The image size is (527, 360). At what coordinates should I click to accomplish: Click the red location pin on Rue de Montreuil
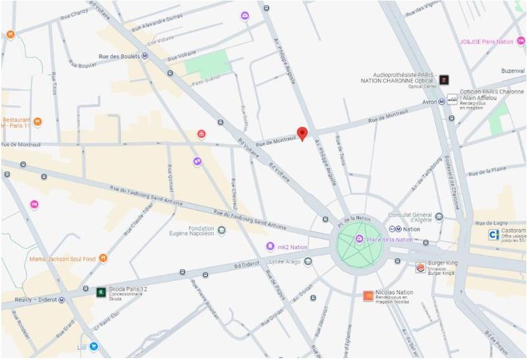302,133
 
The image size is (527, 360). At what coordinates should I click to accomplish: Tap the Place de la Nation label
389,240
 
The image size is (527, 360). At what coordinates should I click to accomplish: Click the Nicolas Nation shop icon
368,296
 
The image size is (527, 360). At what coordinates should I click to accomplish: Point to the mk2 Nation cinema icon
270,247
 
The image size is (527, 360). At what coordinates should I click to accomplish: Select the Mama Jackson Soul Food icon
103,258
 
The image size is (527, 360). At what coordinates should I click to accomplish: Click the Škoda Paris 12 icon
101,291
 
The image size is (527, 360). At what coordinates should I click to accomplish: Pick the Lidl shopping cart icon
94,345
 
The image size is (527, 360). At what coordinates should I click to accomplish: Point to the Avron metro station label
430,102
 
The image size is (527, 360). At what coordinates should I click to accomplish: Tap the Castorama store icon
493,234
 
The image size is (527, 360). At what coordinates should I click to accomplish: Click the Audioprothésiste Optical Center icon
445,80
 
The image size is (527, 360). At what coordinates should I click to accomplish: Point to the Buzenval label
512,70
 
